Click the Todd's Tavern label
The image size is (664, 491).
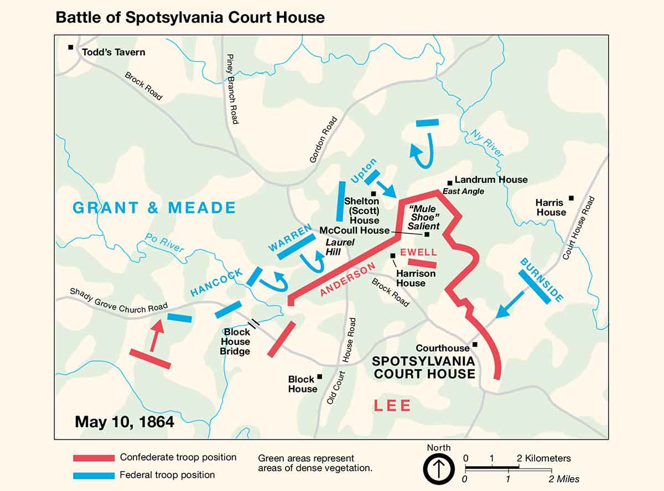tap(113, 52)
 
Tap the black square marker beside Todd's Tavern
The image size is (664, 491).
tap(71, 47)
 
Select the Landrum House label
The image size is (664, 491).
tap(491, 180)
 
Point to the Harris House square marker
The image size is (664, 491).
tap(572, 198)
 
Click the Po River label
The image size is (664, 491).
tap(164, 243)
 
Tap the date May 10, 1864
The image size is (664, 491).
tap(124, 421)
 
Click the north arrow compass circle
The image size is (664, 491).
tap(439, 469)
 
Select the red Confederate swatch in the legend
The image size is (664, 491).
tap(93, 458)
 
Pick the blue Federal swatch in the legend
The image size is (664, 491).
tap(93, 475)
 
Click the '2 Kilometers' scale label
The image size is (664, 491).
tap(544, 458)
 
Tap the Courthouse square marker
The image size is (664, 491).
tap(475, 344)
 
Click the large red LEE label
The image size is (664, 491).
tap(392, 406)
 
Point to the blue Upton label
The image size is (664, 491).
tap(364, 170)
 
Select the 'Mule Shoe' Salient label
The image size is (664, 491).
tap(423, 216)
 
